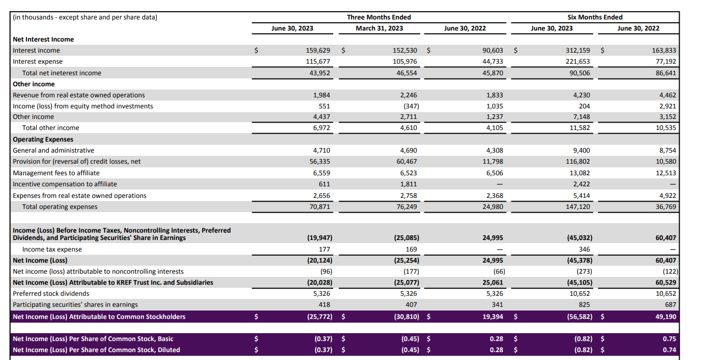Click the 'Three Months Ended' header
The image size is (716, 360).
pyautogui.click(x=379, y=17)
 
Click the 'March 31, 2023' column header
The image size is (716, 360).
pyautogui.click(x=379, y=28)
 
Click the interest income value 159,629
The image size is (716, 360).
pyautogui.click(x=318, y=51)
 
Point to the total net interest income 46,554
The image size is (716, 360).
pyautogui.click(x=406, y=73)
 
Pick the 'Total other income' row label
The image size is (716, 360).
pyautogui.click(x=51, y=128)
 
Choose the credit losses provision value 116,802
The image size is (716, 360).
pyautogui.click(x=577, y=162)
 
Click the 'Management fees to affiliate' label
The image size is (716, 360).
pyautogui.click(x=56, y=173)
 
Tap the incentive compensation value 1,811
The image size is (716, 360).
pyautogui.click(x=409, y=184)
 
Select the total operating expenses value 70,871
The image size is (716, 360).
pyautogui.click(x=320, y=207)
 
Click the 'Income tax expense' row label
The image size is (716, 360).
pyautogui.click(x=52, y=249)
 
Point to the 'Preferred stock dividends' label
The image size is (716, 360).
pyautogui.click(x=51, y=294)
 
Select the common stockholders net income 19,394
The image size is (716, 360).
pyautogui.click(x=492, y=317)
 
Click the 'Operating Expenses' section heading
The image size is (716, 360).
pyautogui.click(x=43, y=139)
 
